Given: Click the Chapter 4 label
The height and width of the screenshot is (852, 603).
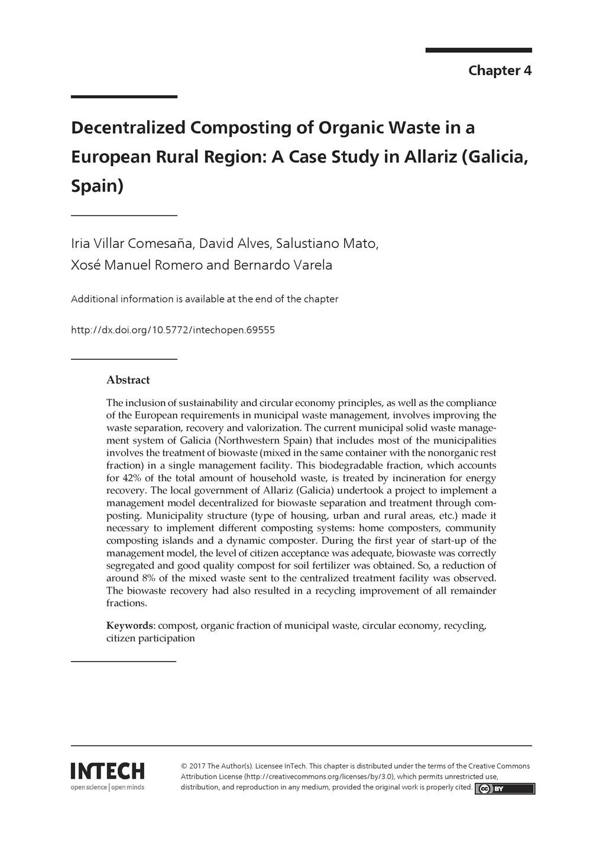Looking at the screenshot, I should click(x=500, y=71).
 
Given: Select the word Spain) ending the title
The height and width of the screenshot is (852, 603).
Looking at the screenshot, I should click(x=97, y=186).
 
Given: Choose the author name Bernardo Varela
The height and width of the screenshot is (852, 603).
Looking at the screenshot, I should click(x=283, y=265).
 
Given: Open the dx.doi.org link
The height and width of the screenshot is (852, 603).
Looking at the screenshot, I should click(x=173, y=330).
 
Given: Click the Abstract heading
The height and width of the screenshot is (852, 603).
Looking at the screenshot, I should click(x=128, y=380).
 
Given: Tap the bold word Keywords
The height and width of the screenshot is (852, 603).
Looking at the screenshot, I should click(x=129, y=626).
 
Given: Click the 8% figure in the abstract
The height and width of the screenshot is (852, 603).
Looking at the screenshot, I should click(x=148, y=578).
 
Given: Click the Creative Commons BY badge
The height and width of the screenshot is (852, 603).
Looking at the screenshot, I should click(x=504, y=789).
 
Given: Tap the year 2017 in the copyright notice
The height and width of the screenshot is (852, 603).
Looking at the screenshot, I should click(x=197, y=766).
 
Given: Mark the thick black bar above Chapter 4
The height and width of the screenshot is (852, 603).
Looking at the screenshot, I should click(x=478, y=50).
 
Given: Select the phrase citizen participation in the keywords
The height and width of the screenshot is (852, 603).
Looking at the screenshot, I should click(x=150, y=638).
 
